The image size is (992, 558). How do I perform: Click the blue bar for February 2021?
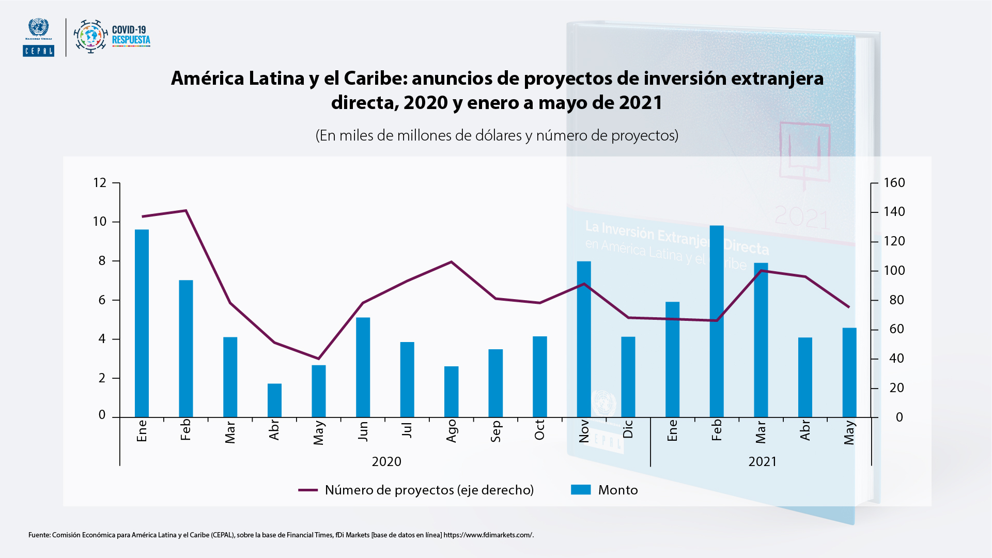click(717, 321)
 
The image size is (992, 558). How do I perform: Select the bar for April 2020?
click(274, 400)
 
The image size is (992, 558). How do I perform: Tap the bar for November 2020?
click(584, 339)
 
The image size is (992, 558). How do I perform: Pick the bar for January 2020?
click(142, 323)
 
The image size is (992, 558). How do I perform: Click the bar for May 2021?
click(849, 372)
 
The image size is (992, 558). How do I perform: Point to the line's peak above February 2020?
click(186, 210)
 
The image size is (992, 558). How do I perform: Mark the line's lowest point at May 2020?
click(318, 359)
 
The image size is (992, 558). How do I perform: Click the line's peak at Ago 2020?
click(451, 262)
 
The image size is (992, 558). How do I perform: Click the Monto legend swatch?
click(581, 490)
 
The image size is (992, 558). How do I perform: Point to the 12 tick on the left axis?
click(100, 183)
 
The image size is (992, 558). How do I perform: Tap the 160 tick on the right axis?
click(894, 183)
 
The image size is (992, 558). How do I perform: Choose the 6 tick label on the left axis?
click(102, 300)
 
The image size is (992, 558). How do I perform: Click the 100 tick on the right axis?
click(894, 271)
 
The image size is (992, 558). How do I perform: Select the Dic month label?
click(628, 429)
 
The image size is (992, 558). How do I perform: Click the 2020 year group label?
click(386, 461)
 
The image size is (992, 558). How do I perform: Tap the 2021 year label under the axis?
click(763, 461)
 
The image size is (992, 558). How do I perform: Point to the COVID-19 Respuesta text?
click(131, 35)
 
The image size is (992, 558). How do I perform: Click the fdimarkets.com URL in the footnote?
click(488, 535)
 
